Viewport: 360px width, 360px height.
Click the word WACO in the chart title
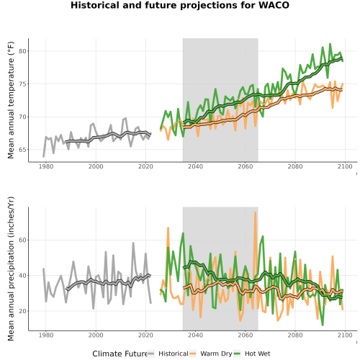coord(274,5)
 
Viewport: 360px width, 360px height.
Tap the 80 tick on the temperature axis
coord(23,51)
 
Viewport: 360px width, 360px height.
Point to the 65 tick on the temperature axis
coord(23,150)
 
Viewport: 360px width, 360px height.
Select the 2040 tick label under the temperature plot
coord(195,166)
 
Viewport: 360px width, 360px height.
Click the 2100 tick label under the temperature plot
coord(345,166)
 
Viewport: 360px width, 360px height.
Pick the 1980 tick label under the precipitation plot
coord(46,335)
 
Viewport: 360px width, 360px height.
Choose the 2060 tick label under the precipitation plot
coord(246,335)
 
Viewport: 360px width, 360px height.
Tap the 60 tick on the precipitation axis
coord(23,240)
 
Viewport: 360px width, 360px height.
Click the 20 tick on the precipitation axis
coord(23,311)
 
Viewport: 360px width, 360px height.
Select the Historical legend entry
coord(168,354)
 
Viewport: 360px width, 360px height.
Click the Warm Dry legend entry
coord(211,354)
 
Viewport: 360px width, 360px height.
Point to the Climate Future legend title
coord(120,354)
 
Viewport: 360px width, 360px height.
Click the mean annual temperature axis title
coord(11,100)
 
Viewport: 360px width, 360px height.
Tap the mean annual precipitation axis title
coord(11,269)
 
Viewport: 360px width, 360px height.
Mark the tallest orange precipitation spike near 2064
coord(256,212)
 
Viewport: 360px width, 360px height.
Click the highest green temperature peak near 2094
coord(330,44)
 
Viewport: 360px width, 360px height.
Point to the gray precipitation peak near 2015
coord(133,243)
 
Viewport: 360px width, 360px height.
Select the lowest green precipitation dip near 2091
coord(323,325)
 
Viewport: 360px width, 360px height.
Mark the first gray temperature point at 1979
coord(43,156)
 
